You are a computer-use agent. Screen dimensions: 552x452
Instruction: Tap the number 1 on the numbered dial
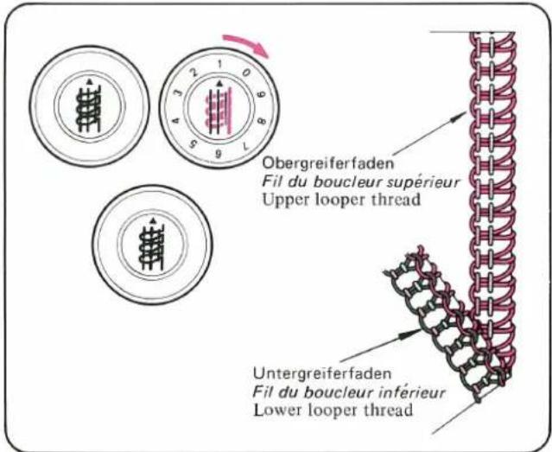220,64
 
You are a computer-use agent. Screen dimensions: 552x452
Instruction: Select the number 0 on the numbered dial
246,73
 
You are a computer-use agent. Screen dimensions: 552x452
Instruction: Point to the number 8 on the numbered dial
261,122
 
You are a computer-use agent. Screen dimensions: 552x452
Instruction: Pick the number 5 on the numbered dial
191,145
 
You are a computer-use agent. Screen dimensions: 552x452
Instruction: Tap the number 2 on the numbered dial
194,73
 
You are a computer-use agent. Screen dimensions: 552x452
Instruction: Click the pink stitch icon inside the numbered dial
219,111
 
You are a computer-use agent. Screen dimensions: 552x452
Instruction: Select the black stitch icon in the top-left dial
88,109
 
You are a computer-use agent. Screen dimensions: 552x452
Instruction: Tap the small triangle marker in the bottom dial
152,221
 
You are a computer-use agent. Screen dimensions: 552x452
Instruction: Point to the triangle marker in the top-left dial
89,81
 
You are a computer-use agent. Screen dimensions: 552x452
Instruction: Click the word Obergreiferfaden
328,164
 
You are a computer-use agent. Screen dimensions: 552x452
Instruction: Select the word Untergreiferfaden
322,373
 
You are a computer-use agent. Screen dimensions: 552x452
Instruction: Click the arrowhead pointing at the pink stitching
459,116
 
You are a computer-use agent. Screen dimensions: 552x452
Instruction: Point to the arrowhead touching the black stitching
413,333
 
